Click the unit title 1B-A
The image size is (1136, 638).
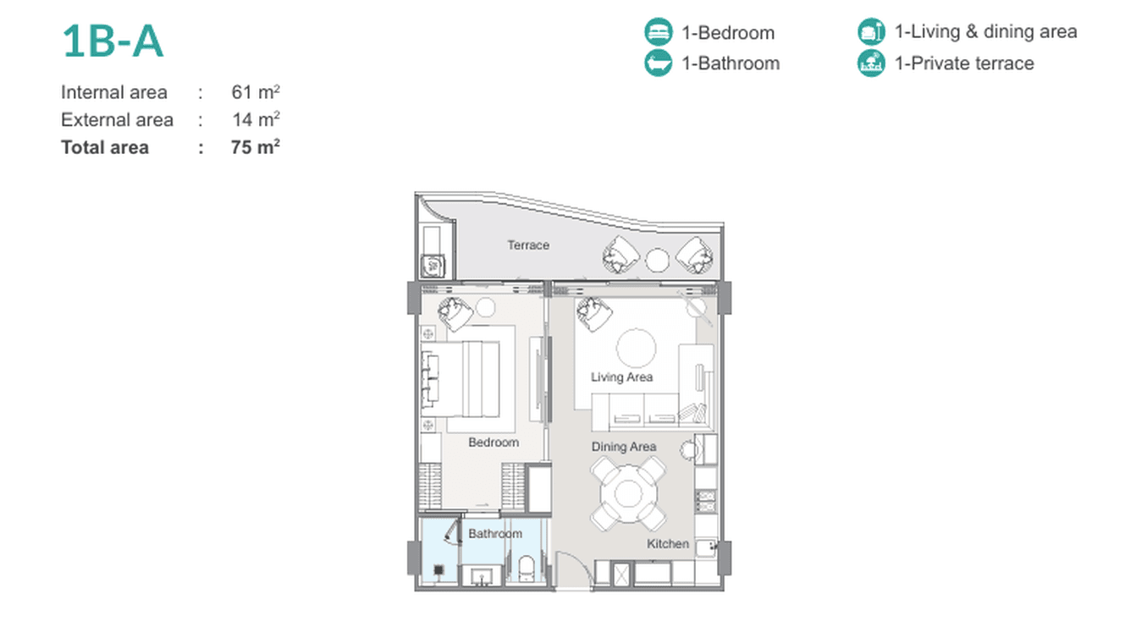click(x=113, y=41)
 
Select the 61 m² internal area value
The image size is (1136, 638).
click(x=256, y=91)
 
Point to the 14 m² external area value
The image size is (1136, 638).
click(x=256, y=119)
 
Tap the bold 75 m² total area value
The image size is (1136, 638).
click(x=255, y=147)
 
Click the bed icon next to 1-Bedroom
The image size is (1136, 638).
click(x=659, y=32)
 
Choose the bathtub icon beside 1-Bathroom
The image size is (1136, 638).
click(x=659, y=63)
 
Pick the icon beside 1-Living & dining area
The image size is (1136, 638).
click(x=871, y=31)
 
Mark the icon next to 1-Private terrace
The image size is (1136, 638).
click(x=871, y=63)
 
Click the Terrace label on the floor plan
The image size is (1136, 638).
click(x=528, y=245)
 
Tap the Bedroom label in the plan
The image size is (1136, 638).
click(x=494, y=443)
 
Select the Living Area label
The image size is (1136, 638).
click(x=622, y=377)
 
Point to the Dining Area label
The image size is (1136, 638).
click(x=624, y=447)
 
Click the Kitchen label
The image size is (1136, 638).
click(x=668, y=544)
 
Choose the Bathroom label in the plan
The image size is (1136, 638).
click(x=495, y=534)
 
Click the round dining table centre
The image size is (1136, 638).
click(x=628, y=493)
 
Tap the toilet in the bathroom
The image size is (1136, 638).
click(x=527, y=569)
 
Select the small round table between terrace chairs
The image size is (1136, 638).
click(x=657, y=260)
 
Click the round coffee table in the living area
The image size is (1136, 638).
click(x=636, y=348)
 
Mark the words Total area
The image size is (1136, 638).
click(x=105, y=147)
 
